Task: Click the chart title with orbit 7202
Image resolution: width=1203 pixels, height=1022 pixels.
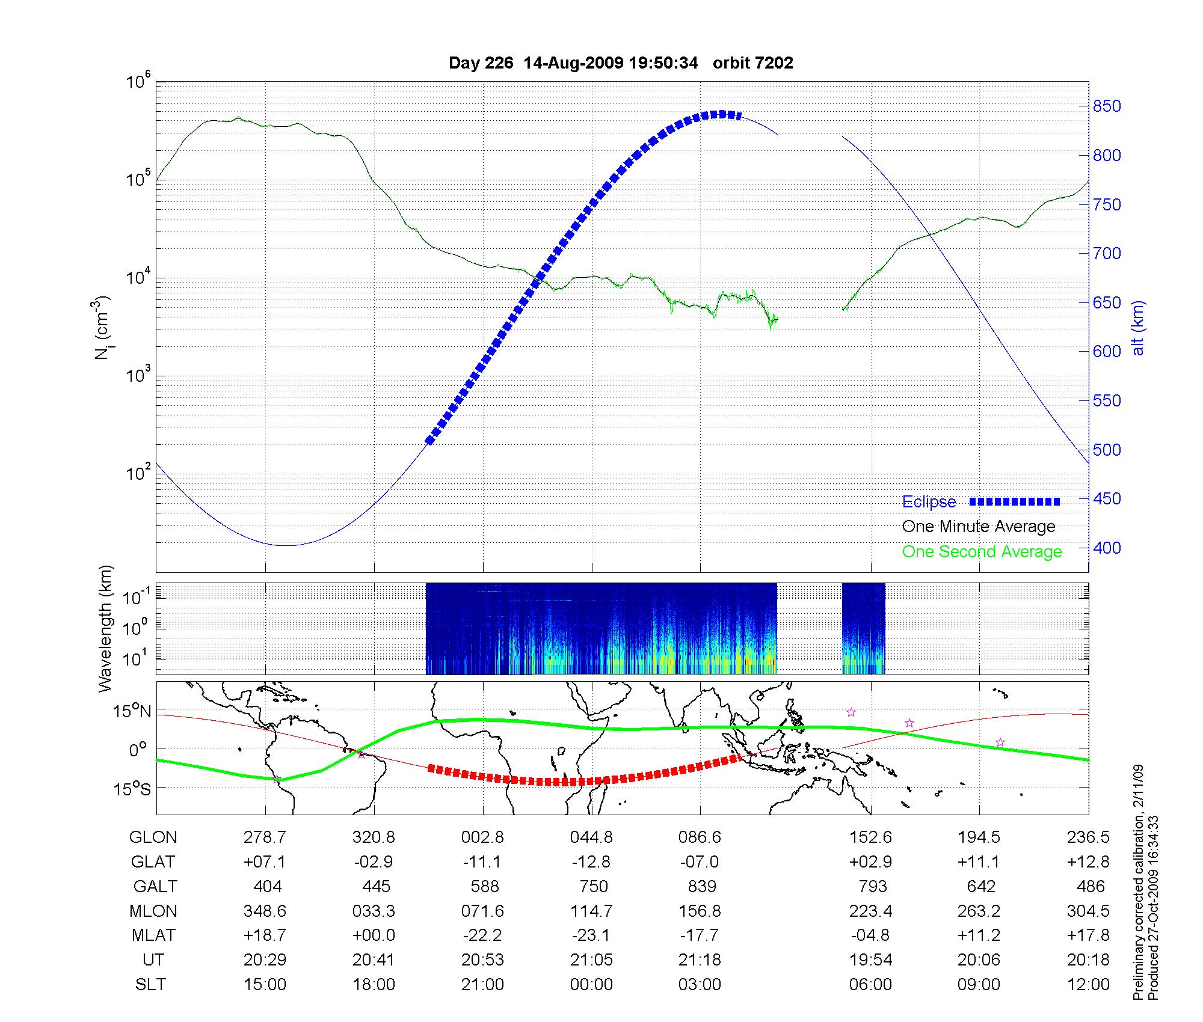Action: click(x=621, y=63)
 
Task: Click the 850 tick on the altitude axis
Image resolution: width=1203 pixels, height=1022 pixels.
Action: click(x=1107, y=106)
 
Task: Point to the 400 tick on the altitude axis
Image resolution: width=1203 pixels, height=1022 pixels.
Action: click(x=1107, y=548)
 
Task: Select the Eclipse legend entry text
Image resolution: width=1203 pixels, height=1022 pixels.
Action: click(x=929, y=502)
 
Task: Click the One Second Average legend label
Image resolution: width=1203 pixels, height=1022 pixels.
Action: click(x=982, y=552)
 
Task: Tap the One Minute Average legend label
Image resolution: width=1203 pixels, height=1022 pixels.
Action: click(x=979, y=527)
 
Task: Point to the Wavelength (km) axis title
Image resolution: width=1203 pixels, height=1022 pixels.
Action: click(x=105, y=629)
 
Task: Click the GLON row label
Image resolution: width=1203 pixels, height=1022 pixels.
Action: click(x=153, y=837)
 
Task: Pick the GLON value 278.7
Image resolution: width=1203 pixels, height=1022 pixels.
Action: click(x=265, y=837)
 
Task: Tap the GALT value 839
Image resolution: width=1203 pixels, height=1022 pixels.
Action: click(x=701, y=887)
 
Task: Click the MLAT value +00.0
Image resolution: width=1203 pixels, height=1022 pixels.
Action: click(x=374, y=936)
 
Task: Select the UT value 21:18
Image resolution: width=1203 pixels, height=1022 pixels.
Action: click(x=700, y=960)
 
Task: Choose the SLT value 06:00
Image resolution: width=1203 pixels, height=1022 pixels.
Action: click(x=870, y=985)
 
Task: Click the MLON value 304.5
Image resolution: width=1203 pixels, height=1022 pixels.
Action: click(x=1088, y=911)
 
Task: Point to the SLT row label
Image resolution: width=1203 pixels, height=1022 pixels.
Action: click(x=150, y=985)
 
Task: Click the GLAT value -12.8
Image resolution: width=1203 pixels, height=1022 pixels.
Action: click(x=591, y=862)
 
